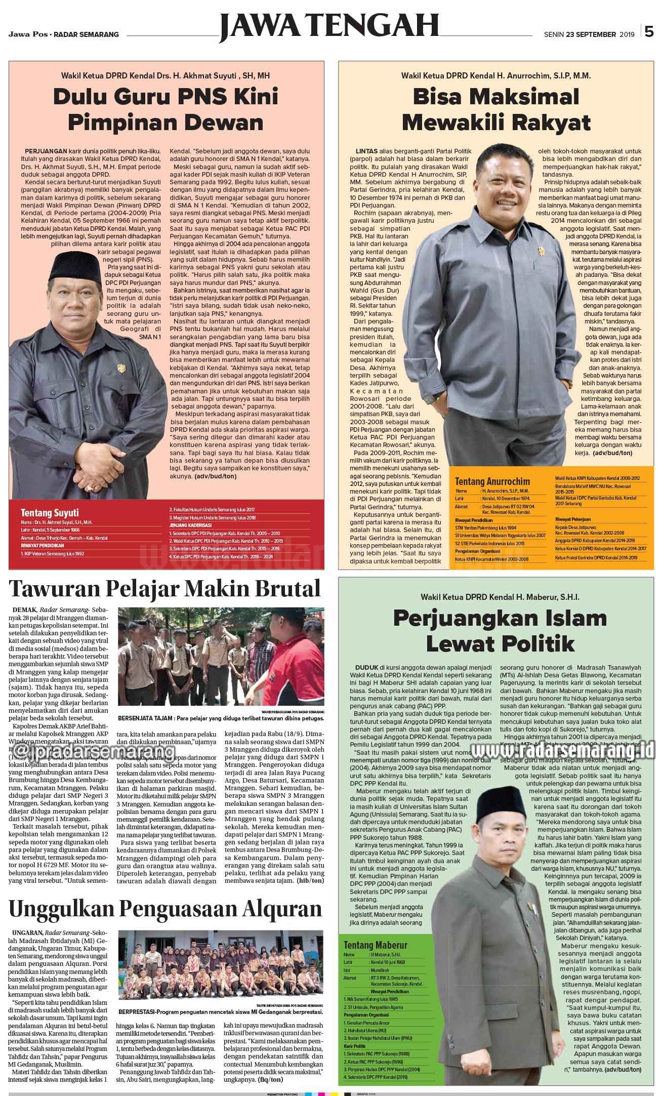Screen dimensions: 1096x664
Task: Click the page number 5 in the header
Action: click(x=649, y=32)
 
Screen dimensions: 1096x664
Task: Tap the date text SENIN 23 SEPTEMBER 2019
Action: click(x=589, y=34)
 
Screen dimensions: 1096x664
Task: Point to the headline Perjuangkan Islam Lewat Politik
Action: click(x=500, y=631)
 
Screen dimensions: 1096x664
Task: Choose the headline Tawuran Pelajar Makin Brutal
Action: click(x=165, y=589)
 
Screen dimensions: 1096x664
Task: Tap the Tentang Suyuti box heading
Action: click(x=50, y=512)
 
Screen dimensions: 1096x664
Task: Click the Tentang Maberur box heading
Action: click(x=375, y=945)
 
